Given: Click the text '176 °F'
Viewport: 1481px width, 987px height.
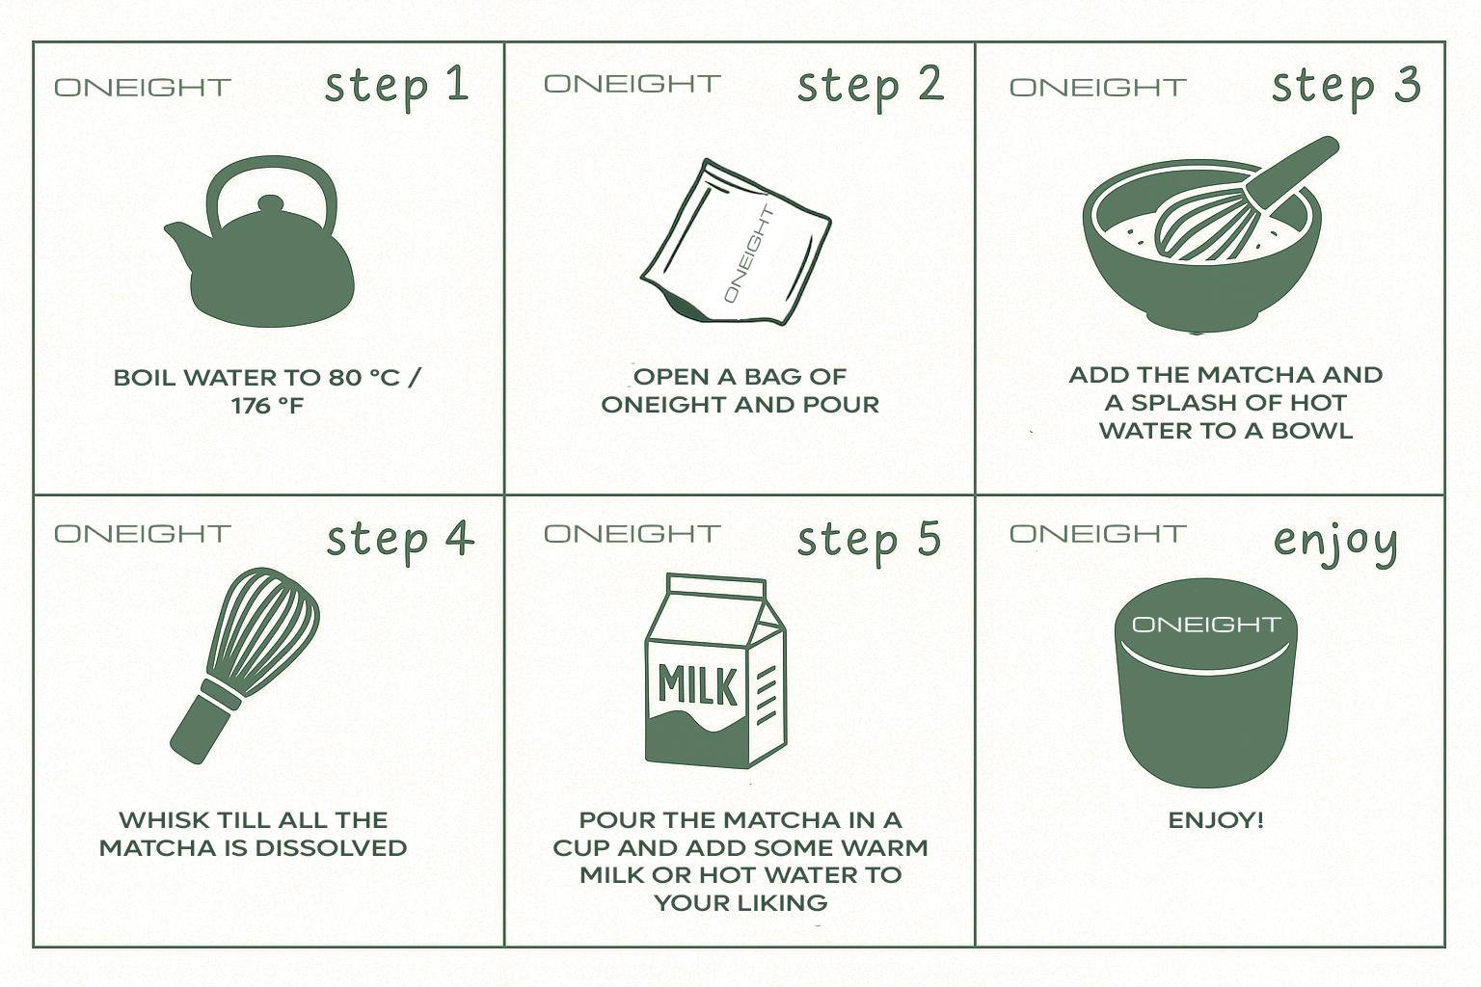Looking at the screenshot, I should (x=267, y=406).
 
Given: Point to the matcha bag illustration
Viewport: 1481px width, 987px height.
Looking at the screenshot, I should (x=735, y=244).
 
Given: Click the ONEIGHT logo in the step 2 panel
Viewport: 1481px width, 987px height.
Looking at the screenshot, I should (x=632, y=84).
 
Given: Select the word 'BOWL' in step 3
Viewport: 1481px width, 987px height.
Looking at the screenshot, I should (x=1311, y=431).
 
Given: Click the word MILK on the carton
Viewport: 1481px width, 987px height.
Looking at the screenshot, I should (x=697, y=685).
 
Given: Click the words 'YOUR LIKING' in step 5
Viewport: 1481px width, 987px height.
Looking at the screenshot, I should (x=740, y=903).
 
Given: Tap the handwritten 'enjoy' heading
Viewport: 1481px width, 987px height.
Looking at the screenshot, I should (x=1334, y=542).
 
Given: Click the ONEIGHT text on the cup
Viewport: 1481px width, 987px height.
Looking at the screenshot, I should (x=1205, y=625).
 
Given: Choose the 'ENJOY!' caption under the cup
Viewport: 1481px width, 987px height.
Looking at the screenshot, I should (x=1215, y=820).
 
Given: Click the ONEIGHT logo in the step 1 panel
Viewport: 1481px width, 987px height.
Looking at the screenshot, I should (x=142, y=88).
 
